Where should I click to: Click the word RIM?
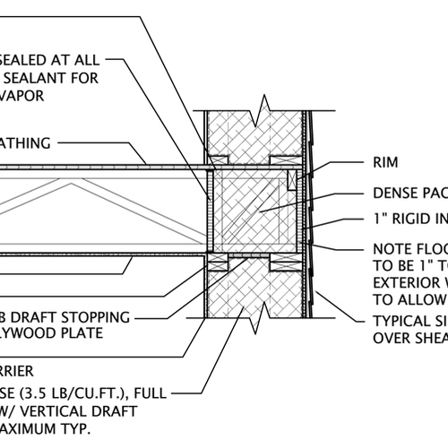(x=386, y=163)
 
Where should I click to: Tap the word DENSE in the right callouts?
(x=398, y=193)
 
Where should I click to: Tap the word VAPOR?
(x=22, y=96)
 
